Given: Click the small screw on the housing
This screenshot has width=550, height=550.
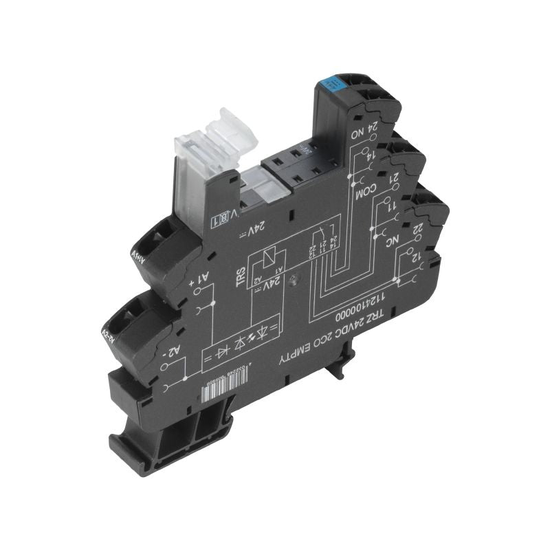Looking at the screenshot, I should (294, 280).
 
